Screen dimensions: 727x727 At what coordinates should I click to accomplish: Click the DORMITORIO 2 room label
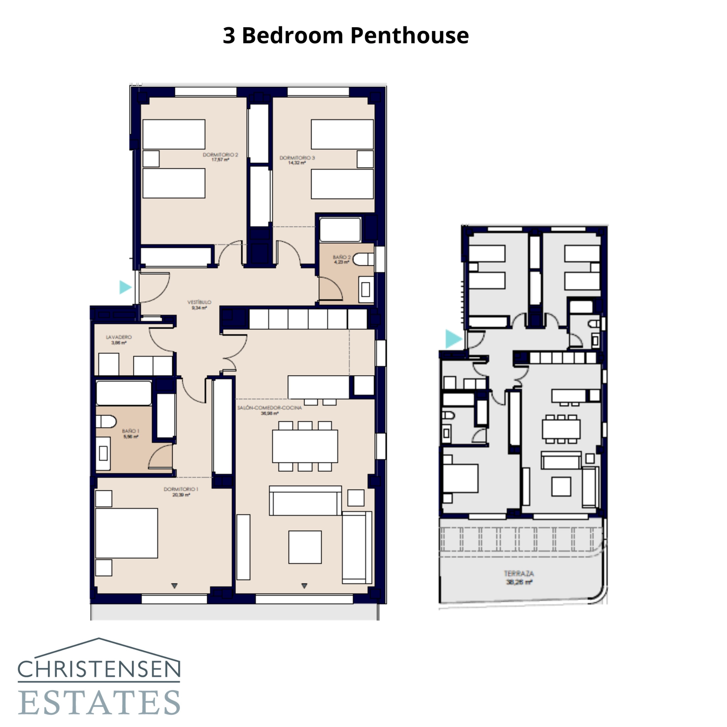220,157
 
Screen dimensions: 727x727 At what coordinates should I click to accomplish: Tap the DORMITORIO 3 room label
297,160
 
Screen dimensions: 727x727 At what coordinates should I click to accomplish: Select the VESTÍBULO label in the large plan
199,304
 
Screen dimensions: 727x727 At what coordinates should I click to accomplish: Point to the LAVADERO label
119,339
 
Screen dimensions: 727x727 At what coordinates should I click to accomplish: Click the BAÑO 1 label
130,433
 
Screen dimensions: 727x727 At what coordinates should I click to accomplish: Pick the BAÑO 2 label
341,259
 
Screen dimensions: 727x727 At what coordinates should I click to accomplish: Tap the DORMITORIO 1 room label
181,492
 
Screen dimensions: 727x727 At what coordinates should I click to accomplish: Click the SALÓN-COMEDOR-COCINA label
269,410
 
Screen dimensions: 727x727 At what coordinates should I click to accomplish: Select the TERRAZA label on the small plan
519,577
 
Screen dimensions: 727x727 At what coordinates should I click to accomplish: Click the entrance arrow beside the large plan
125,287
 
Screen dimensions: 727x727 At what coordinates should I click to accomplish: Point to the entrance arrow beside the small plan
453,339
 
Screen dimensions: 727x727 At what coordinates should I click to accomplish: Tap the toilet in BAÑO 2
363,259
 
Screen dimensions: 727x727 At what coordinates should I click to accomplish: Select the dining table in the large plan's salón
305,446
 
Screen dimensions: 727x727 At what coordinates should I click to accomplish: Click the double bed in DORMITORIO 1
126,533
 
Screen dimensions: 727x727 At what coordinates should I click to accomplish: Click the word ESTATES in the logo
99,702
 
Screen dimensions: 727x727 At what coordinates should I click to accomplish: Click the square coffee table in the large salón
305,547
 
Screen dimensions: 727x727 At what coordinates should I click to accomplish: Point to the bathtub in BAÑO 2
340,230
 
